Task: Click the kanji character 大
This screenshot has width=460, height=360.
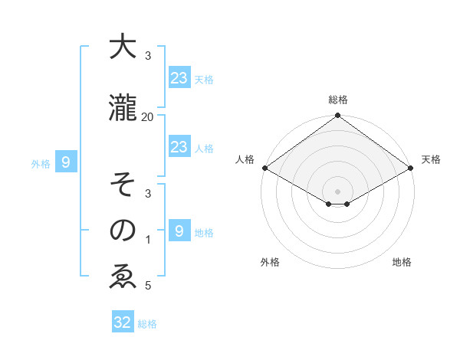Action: [x=123, y=47]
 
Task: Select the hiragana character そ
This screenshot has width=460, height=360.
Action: [x=123, y=186]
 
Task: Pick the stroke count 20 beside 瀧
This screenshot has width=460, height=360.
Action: [x=148, y=116]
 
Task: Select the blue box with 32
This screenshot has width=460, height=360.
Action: [x=123, y=322]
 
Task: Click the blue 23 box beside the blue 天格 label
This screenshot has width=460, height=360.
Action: [x=179, y=77]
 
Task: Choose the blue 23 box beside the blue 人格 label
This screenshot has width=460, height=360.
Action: [x=179, y=147]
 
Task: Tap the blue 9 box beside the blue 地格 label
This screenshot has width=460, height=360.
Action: [x=179, y=231]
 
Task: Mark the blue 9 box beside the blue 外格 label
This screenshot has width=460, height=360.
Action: [x=66, y=162]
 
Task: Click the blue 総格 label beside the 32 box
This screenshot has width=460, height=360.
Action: [x=147, y=324]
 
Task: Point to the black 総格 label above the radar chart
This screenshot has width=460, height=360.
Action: [x=337, y=100]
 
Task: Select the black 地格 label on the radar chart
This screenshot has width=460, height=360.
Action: [x=402, y=263]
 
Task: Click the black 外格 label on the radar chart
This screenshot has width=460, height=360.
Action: [x=270, y=263]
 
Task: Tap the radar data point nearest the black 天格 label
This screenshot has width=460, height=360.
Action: [x=411, y=168]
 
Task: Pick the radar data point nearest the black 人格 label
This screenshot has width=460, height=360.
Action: [x=264, y=168]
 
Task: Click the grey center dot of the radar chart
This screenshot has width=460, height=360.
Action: [x=337, y=190]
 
